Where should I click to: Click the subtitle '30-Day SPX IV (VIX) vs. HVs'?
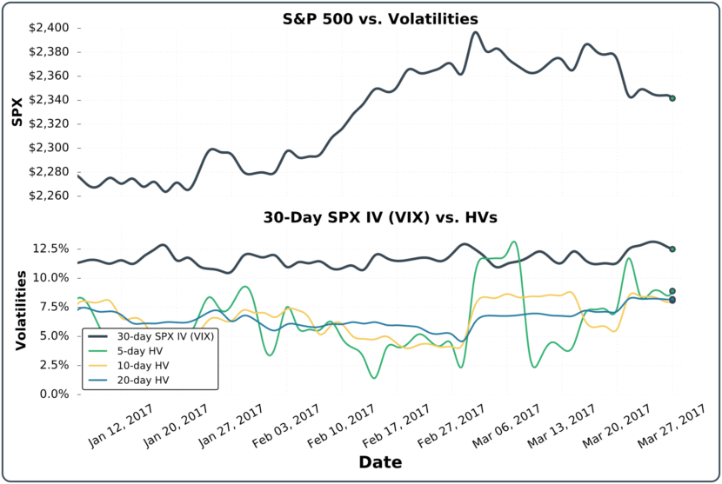(380, 219)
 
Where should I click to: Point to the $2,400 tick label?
(51, 28)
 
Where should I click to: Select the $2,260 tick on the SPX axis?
(51, 196)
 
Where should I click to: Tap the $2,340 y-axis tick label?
(51, 100)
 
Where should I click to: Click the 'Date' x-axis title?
(380, 462)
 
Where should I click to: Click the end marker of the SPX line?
(672, 98)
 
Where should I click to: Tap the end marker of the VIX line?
(672, 249)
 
